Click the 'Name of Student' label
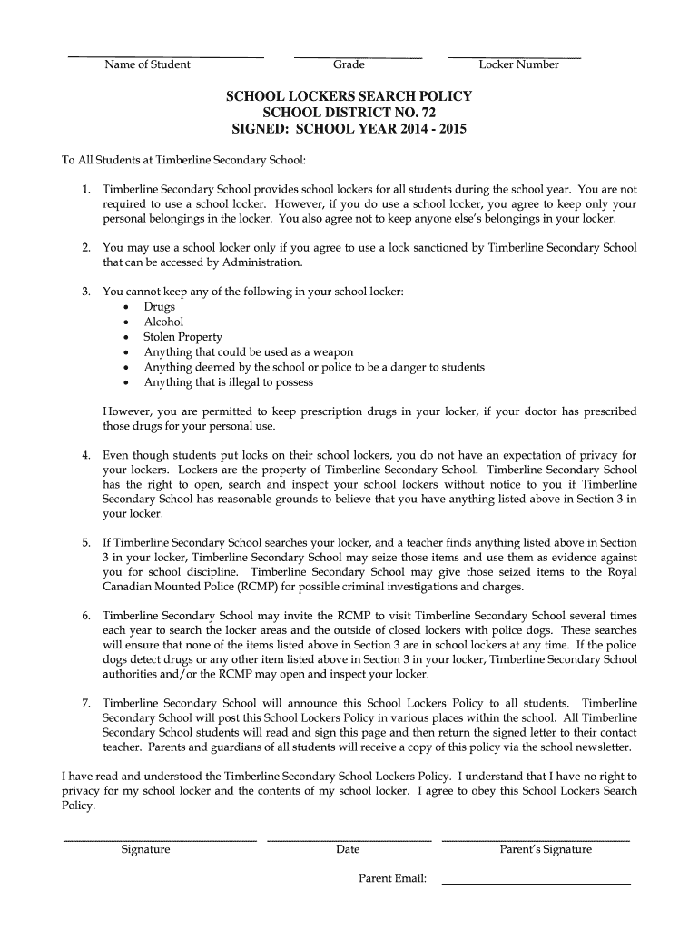147,64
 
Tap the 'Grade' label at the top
349,64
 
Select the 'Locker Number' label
518,64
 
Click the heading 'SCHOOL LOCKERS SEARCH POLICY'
349,96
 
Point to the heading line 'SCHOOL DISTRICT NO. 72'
349,113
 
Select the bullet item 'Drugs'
160,307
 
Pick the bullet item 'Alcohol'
163,322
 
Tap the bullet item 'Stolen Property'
182,337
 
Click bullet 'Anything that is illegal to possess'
229,382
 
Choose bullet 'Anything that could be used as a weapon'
249,352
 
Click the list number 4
86,455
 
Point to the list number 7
86,704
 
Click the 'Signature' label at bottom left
145,849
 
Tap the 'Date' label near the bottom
348,849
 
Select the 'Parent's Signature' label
546,849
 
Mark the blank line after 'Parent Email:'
536,882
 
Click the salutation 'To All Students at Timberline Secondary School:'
184,160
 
